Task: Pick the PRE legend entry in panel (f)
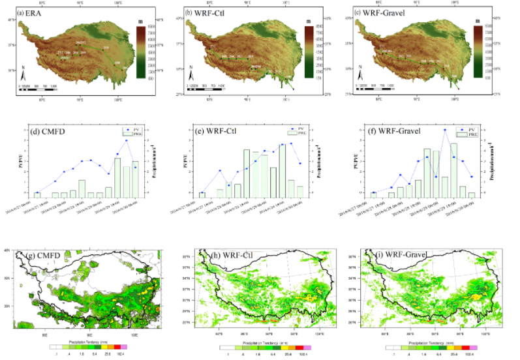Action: pos(468,136)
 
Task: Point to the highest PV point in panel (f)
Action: pos(444,130)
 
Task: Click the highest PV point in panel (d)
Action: pos(126,140)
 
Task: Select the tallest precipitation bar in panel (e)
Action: pos(283,168)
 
